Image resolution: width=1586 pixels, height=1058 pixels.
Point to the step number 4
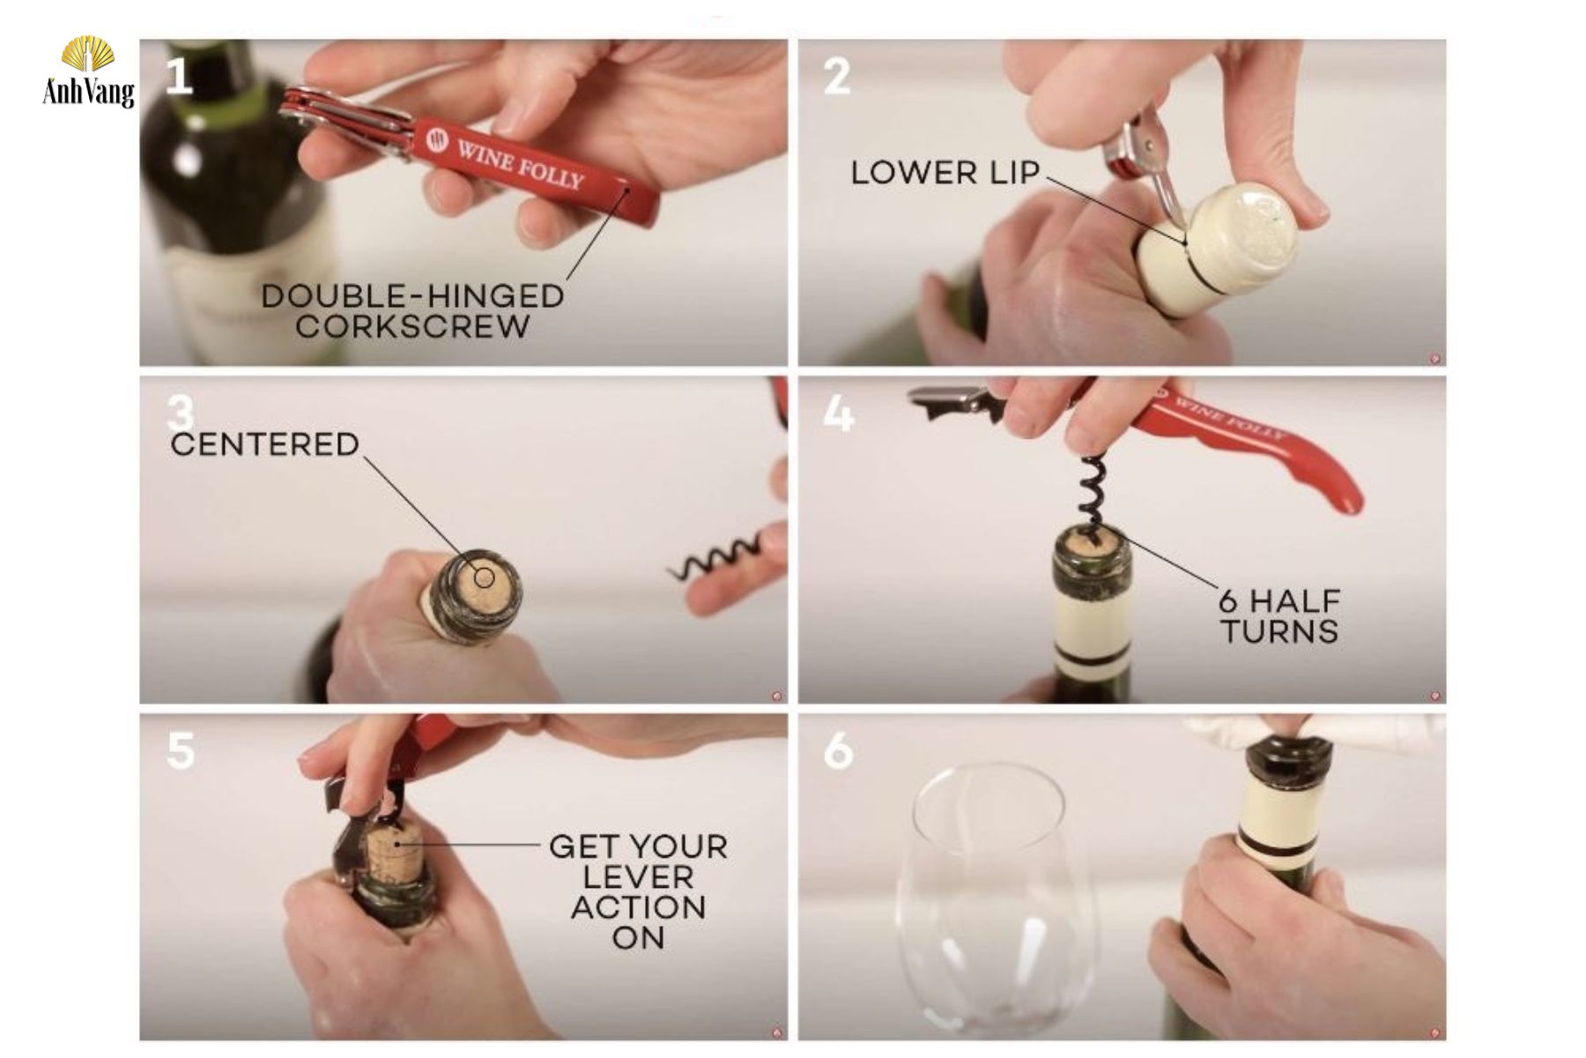[x=838, y=413]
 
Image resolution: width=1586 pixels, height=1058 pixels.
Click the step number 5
[x=181, y=751]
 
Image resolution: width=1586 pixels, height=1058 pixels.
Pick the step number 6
[x=838, y=751]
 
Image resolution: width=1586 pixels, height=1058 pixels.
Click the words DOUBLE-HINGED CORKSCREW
[x=412, y=310]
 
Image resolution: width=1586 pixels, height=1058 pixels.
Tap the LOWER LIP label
[x=945, y=173]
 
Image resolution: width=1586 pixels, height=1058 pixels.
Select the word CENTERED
[x=264, y=444]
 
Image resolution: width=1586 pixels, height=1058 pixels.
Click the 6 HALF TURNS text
[x=1279, y=616]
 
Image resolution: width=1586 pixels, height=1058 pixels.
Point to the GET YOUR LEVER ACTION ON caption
[x=639, y=891]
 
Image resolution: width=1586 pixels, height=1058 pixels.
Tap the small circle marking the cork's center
[x=484, y=577]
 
